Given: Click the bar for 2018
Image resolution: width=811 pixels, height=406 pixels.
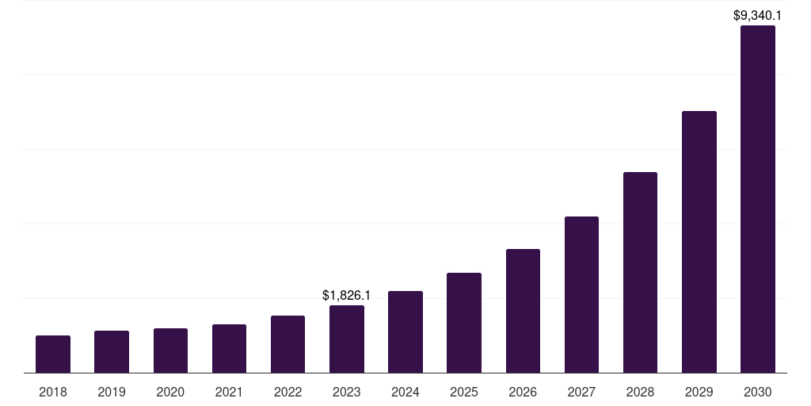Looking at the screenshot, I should [53, 354].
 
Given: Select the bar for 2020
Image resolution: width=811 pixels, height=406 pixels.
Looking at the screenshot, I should [170, 350].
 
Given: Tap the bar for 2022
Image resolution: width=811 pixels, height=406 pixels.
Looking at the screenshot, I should [287, 344].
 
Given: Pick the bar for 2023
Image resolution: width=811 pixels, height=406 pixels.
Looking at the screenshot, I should [347, 339].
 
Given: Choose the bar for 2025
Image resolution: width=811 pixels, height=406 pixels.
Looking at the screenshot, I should [464, 323].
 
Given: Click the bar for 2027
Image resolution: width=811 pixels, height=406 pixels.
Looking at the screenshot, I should [581, 294].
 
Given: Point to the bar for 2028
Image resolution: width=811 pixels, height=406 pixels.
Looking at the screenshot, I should [640, 272].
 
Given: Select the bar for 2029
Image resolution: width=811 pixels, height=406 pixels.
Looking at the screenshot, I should [699, 242].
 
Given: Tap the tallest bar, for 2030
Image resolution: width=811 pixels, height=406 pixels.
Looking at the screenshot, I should [758, 199].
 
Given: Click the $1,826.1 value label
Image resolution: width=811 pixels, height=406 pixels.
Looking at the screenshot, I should [347, 295].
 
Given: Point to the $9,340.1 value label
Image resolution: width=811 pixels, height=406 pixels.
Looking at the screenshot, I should [758, 15].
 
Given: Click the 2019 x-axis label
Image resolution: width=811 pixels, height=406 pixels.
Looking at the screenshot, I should [112, 392].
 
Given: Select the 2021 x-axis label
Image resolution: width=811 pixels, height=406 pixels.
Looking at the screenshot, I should [229, 392].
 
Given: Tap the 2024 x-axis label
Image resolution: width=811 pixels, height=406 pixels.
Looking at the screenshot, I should [405, 392].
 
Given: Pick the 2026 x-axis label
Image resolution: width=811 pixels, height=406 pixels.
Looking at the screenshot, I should [523, 392].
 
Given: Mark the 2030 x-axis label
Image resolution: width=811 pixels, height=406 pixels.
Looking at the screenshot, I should [758, 392].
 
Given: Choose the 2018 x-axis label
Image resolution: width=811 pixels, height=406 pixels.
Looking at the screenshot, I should [53, 392].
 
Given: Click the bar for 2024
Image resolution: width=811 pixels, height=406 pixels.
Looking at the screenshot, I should [405, 331].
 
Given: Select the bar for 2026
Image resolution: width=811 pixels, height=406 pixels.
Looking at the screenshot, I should [523, 311].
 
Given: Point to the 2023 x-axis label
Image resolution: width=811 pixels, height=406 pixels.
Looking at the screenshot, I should [347, 392].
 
